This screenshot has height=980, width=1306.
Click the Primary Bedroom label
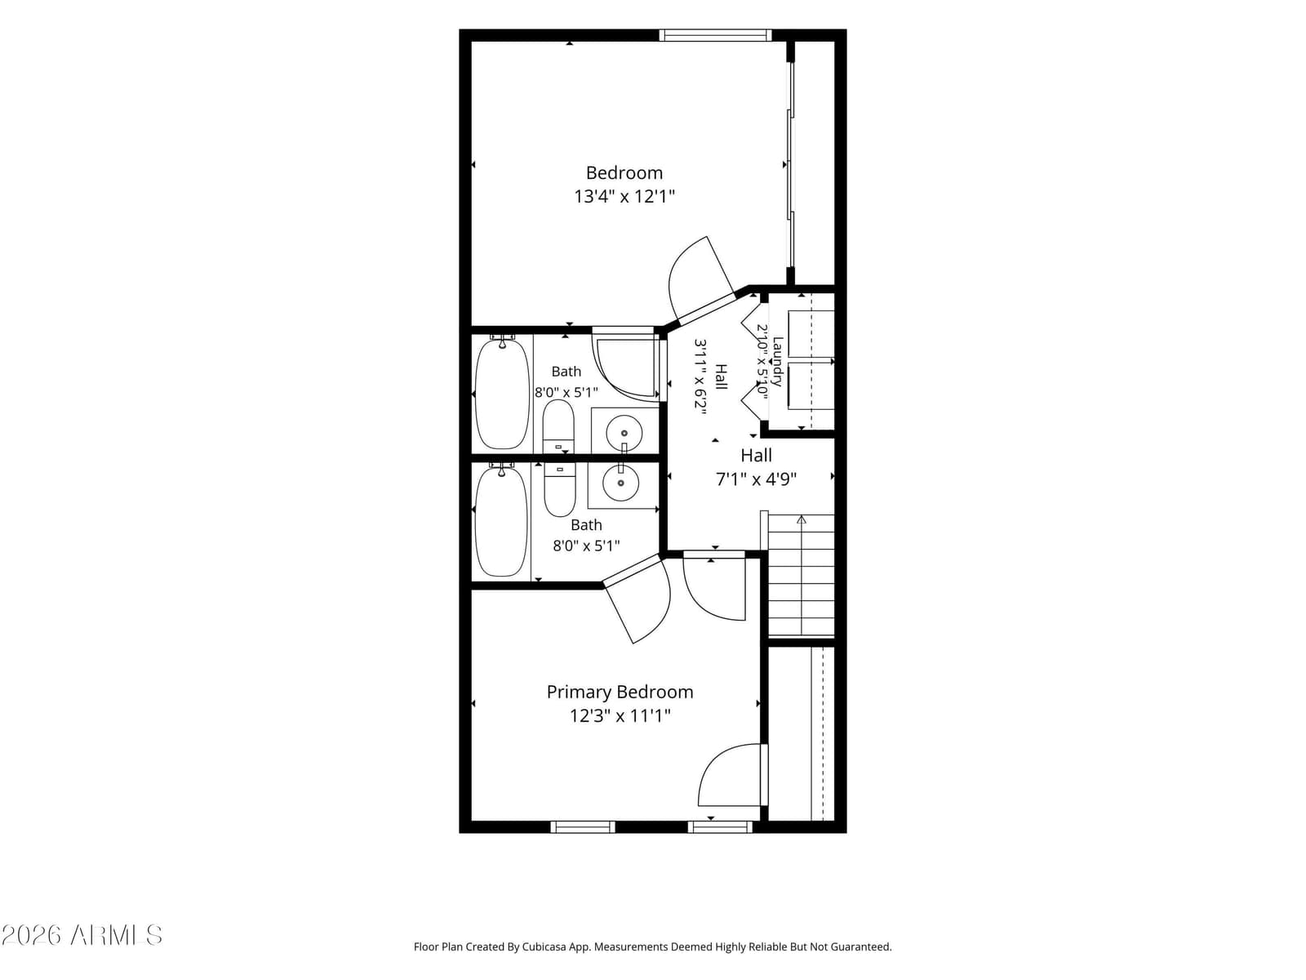(x=620, y=692)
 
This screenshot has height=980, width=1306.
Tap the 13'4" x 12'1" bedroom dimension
(x=624, y=196)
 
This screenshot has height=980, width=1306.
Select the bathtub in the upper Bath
(x=502, y=394)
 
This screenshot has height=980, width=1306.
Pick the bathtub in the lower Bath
(x=501, y=522)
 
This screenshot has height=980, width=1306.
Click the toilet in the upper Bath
(x=558, y=426)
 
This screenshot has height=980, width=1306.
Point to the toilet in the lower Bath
(x=560, y=490)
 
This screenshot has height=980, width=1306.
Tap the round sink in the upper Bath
(x=624, y=433)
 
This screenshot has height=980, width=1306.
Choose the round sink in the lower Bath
(x=620, y=483)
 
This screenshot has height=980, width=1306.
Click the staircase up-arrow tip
(x=802, y=516)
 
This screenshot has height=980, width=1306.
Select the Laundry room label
(x=778, y=362)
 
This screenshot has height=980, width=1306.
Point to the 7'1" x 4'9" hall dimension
(x=756, y=479)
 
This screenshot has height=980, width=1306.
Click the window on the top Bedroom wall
(x=714, y=35)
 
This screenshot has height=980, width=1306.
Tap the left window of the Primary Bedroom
(x=583, y=826)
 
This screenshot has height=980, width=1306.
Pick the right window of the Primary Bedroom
(x=720, y=826)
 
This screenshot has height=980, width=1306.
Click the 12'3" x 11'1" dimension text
(x=620, y=715)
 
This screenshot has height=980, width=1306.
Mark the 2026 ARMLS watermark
(x=82, y=935)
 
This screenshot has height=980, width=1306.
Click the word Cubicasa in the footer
(x=544, y=947)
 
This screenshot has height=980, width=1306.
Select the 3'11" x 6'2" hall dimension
(x=701, y=376)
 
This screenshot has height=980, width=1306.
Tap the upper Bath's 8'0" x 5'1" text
(x=566, y=392)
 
